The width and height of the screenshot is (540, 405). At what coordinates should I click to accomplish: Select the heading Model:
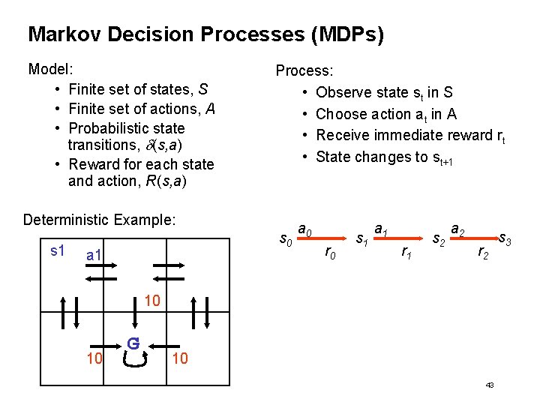[50, 70]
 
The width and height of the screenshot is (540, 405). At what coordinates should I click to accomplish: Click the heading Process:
[304, 71]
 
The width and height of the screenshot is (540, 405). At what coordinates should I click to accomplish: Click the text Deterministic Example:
[100, 220]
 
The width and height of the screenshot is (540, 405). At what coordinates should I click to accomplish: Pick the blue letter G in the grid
[133, 343]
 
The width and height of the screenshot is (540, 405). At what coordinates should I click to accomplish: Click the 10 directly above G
[152, 301]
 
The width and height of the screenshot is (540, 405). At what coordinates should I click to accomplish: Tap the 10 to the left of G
[94, 358]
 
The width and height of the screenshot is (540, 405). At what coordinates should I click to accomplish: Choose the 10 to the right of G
[181, 358]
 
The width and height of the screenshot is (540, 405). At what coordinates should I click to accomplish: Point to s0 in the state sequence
[286, 240]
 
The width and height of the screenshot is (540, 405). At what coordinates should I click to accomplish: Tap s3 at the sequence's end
[505, 240]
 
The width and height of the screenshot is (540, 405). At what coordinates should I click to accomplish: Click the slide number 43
[490, 385]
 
